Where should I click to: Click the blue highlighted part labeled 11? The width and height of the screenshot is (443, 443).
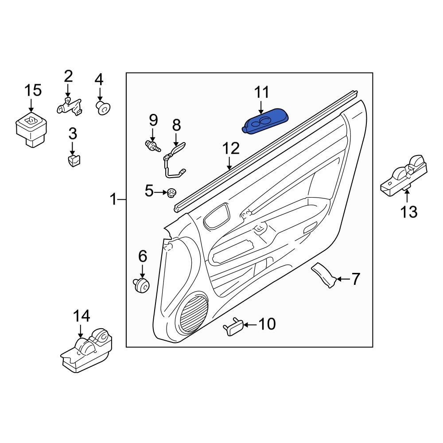tap(265, 121)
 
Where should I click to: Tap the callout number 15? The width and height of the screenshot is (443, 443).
tap(33, 90)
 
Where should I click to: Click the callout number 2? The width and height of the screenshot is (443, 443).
tap(68, 76)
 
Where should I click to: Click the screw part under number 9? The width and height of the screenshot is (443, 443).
tap(152, 145)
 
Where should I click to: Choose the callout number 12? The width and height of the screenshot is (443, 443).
tap(231, 148)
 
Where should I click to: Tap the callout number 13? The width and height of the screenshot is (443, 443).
tap(409, 212)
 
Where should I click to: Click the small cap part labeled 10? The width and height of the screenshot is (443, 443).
tap(233, 328)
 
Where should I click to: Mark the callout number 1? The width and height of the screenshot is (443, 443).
tap(114, 200)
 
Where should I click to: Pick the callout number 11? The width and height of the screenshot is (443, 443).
tap(261, 93)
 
